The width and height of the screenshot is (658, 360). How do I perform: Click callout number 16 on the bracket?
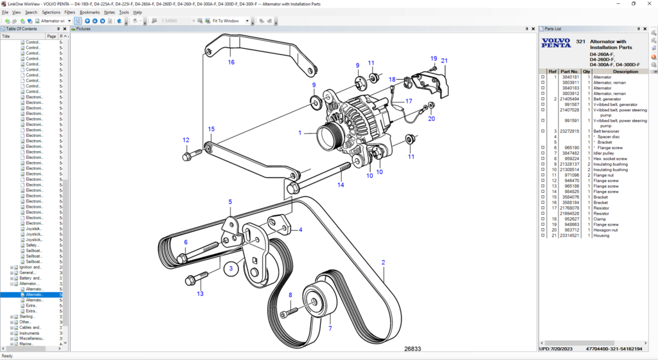click(231, 62)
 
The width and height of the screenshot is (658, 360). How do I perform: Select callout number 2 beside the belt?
click(383, 262)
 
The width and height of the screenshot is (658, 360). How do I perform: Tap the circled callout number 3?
click(231, 268)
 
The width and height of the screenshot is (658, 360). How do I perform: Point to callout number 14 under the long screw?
click(341, 184)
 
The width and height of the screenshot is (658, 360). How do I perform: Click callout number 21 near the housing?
click(444, 60)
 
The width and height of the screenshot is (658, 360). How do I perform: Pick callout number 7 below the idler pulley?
click(330, 328)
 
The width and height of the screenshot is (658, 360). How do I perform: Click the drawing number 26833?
click(413, 349)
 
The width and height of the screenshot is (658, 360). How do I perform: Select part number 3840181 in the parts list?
click(570, 77)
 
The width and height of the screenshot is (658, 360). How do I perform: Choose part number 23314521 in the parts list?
click(570, 235)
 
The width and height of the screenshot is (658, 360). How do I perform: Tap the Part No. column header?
click(569, 71)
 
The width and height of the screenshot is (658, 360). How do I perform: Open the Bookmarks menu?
click(89, 12)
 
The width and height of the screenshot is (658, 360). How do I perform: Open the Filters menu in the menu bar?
click(69, 12)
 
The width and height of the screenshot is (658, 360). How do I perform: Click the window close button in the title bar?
click(648, 4)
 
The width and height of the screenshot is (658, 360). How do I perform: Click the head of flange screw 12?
click(187, 156)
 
